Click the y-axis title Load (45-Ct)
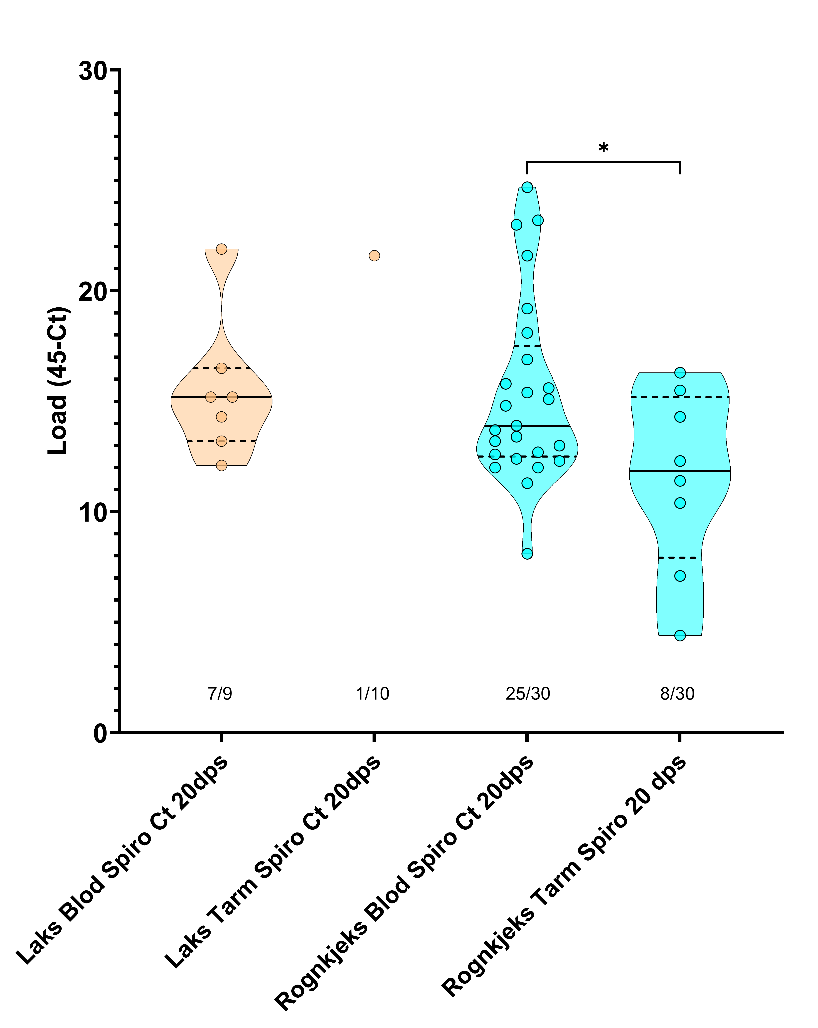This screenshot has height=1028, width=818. pyautogui.click(x=58, y=381)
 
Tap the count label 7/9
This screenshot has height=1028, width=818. pyautogui.click(x=220, y=694)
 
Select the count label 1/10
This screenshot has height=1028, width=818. pyautogui.click(x=373, y=694)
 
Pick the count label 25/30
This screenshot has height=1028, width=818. pyautogui.click(x=528, y=694)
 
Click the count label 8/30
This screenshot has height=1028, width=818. pyautogui.click(x=677, y=694)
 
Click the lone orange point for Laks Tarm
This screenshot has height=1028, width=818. pyautogui.click(x=374, y=256)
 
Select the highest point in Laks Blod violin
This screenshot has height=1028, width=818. pyautogui.click(x=221, y=249)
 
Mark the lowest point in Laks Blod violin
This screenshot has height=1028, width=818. pyautogui.click(x=221, y=465)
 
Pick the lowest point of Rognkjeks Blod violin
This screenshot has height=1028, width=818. pyautogui.click(x=527, y=553)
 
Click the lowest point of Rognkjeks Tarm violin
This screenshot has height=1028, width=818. pyautogui.click(x=680, y=636)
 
